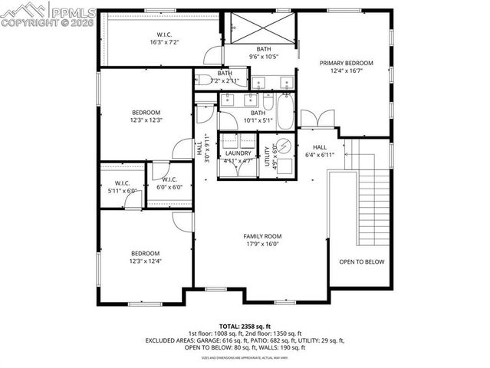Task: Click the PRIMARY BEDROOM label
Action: [x=347, y=63]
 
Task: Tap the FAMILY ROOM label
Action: [x=263, y=236]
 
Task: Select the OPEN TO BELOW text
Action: [x=361, y=261]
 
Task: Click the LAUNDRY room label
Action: [x=238, y=153]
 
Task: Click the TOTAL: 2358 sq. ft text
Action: [x=244, y=326]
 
